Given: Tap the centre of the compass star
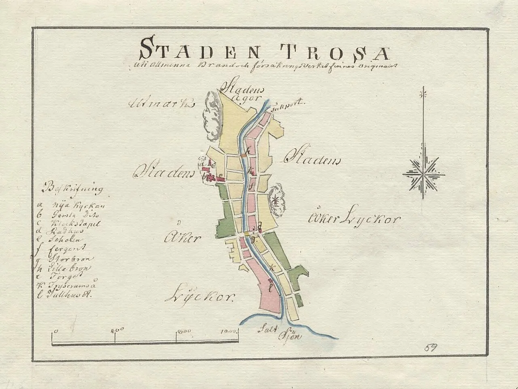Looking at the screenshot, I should pos(423,174).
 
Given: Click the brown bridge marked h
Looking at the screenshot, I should pos(243,154).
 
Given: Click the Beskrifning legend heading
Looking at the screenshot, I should pos(72,189).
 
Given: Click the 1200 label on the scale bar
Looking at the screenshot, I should pos(228,330).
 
